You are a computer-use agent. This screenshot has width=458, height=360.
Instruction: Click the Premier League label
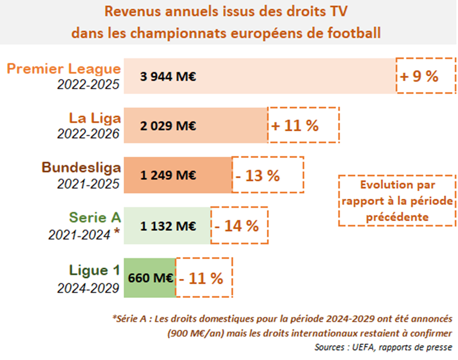tap(63, 69)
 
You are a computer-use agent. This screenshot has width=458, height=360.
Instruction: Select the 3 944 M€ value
tap(168, 76)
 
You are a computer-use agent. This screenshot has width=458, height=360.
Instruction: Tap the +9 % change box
tap(425, 76)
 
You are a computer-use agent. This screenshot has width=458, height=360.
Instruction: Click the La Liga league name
tap(94, 118)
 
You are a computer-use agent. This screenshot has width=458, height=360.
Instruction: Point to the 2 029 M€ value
tap(168, 126)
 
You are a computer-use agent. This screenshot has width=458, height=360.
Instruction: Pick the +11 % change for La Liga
tap(303, 125)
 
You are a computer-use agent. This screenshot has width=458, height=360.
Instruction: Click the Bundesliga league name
tap(81, 167)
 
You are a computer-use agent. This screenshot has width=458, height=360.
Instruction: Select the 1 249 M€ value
tap(168, 175)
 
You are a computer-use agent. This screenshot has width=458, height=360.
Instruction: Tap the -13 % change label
tap(267, 175)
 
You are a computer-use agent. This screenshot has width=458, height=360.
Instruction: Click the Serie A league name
tap(94, 217)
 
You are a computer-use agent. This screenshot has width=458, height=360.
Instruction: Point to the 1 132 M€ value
tap(168, 225)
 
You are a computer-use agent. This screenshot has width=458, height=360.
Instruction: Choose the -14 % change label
tap(239, 225)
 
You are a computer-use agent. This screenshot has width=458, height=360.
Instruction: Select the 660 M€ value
tap(150, 278)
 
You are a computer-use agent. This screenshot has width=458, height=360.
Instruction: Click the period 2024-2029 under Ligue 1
tap(88, 288)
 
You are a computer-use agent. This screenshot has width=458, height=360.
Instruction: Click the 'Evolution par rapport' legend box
tap(396, 200)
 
